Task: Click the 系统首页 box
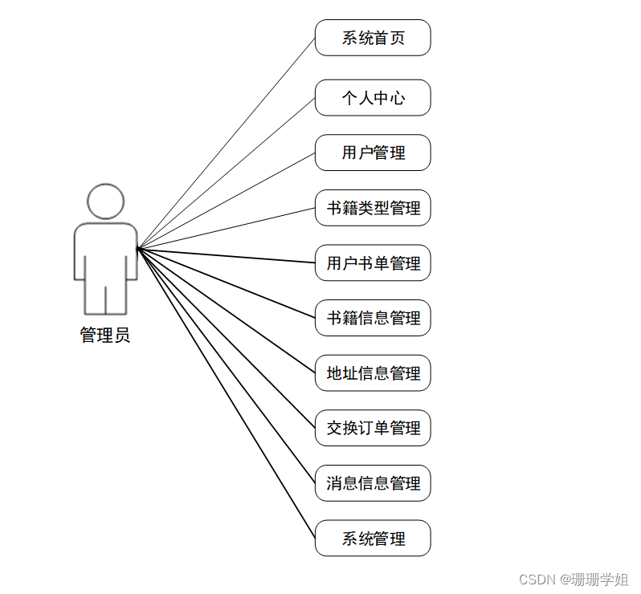373,38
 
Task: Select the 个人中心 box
373,98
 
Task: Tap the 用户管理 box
373,153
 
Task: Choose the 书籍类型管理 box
373,208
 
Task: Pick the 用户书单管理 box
373,262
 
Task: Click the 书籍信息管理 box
373,318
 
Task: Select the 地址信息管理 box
373,372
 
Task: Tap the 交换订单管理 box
373,428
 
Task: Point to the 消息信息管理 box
373,483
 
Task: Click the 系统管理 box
373,538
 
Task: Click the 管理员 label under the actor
105,336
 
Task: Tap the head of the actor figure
105,201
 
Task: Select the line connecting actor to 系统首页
227,143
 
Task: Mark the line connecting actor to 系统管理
227,393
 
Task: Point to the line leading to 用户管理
227,201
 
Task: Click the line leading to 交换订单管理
227,338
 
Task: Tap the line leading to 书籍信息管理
227,283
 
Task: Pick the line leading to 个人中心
227,173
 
